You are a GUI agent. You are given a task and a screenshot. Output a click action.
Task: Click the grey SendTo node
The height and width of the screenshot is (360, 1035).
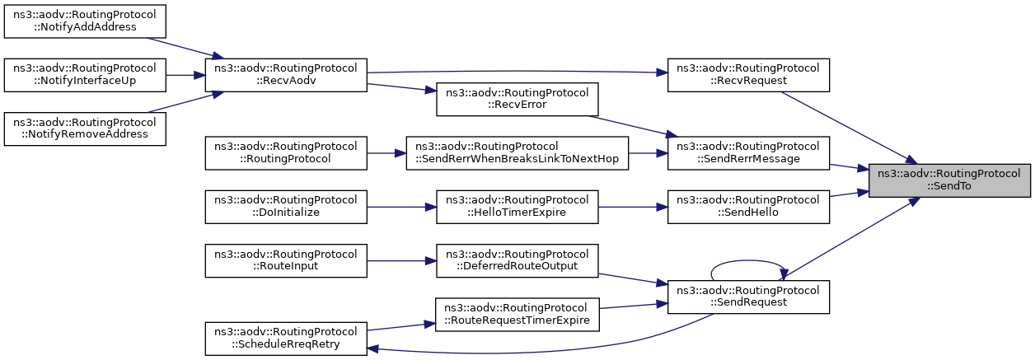pos(949,180)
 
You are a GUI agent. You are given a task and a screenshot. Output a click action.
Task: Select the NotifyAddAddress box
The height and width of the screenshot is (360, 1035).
pos(85,21)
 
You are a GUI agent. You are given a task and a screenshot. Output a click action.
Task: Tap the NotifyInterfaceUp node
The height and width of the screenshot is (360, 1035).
pos(85,75)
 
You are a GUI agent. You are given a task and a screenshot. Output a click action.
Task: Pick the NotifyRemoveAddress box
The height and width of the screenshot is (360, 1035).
pos(85,129)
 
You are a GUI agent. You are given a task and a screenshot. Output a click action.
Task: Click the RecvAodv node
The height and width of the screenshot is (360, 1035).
pos(286,75)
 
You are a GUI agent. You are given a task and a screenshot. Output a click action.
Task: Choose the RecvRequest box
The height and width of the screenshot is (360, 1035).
pos(748,75)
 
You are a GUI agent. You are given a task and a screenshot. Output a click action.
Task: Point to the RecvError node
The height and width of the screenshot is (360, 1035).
pos(517,100)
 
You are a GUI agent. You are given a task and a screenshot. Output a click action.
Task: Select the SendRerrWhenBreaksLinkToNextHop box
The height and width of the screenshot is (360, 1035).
pos(517,153)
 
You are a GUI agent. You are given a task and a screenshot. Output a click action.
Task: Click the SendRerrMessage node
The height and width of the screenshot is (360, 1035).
pos(748,153)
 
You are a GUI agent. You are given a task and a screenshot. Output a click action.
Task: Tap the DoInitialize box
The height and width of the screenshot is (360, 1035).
pos(286,207)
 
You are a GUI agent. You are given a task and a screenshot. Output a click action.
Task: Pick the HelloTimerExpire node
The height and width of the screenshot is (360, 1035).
pos(517,207)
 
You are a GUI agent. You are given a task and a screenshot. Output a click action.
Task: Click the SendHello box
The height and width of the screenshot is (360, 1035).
pos(748,207)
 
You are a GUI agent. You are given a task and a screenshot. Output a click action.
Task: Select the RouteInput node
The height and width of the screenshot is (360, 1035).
pos(286,260)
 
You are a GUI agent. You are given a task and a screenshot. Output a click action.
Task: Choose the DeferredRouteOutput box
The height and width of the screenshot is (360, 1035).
pos(517,260)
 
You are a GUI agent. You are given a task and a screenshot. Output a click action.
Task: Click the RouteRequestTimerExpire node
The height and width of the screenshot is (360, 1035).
pos(517,315)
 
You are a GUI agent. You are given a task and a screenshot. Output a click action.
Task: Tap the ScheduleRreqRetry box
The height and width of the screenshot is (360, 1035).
pos(286,339)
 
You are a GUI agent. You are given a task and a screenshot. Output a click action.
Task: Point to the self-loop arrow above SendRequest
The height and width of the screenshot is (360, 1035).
pos(747,260)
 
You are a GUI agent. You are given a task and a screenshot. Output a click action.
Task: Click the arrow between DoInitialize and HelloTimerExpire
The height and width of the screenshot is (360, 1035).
pos(401,207)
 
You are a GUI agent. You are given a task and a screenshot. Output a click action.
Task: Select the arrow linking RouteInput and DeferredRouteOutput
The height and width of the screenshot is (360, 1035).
pos(401,260)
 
